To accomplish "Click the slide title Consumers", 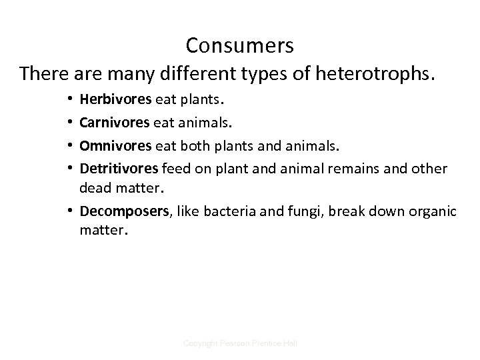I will (239, 45).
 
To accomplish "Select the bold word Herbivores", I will (115, 100).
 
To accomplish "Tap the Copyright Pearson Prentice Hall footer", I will (240, 342).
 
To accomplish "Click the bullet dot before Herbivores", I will (69, 101).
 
